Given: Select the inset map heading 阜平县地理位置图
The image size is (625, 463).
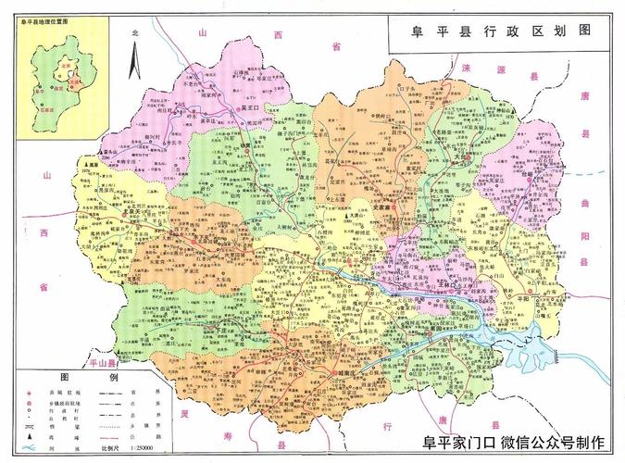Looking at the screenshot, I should tap(46, 18).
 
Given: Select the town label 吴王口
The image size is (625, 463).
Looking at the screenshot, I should tap(252, 107).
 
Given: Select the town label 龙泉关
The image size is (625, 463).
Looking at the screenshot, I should tap(138, 211).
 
